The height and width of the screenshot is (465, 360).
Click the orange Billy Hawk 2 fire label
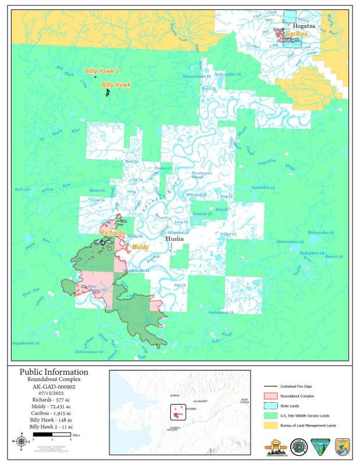[102, 71]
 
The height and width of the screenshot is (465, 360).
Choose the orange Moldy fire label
[139, 247]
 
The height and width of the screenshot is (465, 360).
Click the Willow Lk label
[227, 234]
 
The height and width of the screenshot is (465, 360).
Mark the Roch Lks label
[22, 190]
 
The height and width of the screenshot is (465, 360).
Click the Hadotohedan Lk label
[290, 241]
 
